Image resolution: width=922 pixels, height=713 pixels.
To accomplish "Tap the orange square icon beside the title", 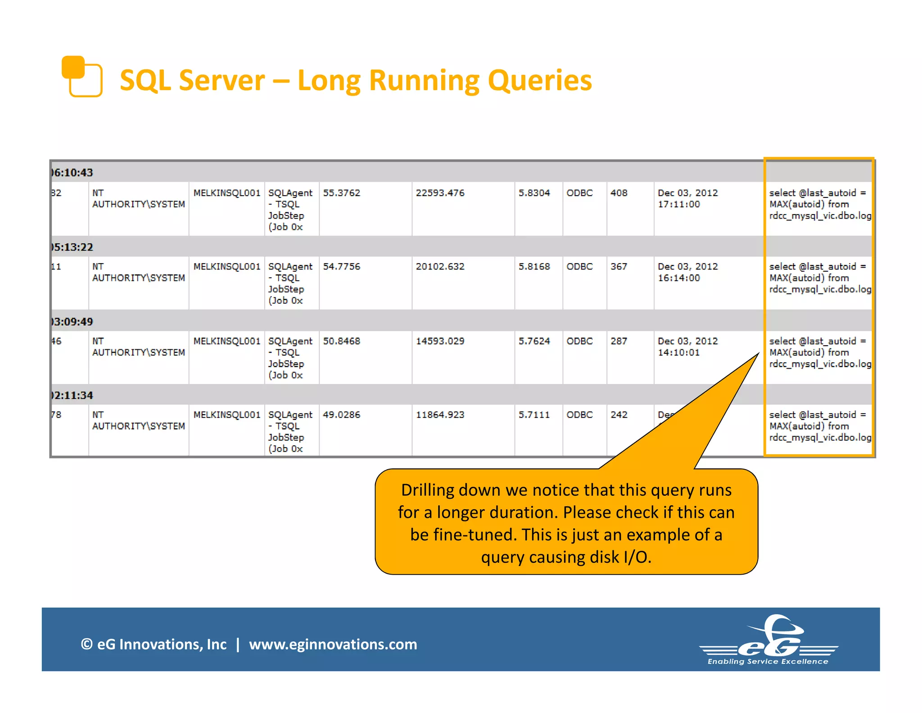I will (81, 76).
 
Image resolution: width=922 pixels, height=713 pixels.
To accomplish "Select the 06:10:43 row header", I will (72, 173).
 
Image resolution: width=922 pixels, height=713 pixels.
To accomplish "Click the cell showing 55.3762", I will (341, 193).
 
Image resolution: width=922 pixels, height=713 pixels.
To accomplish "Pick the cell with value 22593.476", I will (440, 193).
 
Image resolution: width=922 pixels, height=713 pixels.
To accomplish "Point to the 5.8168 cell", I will (534, 266).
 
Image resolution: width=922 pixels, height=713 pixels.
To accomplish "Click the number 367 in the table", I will (619, 266).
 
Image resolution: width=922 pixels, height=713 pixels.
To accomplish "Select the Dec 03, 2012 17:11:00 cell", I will (687, 198).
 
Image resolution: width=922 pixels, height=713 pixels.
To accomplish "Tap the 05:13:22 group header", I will (72, 247).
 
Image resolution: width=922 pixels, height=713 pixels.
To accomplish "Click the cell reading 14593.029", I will (440, 341).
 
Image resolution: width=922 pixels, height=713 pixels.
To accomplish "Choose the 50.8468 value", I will (341, 341).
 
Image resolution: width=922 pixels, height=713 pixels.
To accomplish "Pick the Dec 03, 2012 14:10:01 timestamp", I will (687, 347).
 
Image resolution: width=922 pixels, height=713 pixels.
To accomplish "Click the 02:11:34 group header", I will (72, 395).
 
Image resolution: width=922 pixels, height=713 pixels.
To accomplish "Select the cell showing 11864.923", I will (440, 415).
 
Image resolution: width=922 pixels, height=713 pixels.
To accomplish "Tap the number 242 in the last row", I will (619, 415).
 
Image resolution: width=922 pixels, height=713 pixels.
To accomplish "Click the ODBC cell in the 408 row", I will (579, 193).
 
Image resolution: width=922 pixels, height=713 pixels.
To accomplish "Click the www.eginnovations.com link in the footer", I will (333, 644).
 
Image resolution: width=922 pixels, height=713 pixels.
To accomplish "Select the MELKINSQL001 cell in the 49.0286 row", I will (227, 415).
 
